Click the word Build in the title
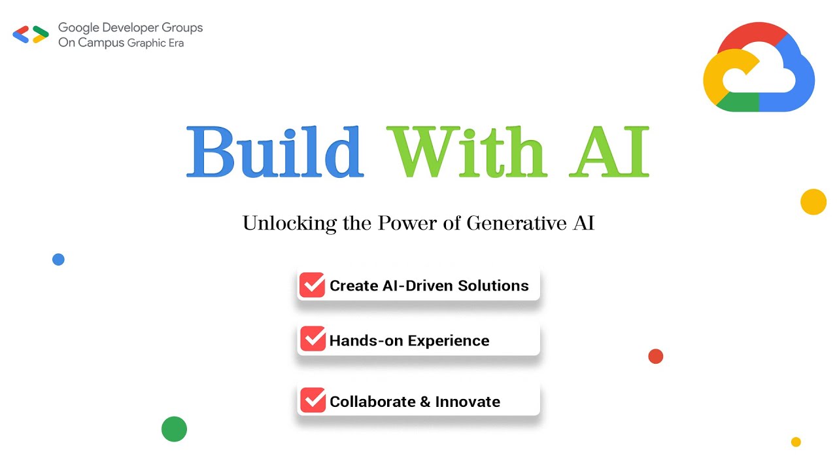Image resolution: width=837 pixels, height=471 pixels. pyautogui.click(x=275, y=152)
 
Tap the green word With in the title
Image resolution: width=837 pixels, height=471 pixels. pyautogui.click(x=466, y=152)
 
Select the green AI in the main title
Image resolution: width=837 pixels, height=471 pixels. pyautogui.click(x=609, y=152)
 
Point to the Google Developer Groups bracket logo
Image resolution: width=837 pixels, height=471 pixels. pyautogui.click(x=31, y=34)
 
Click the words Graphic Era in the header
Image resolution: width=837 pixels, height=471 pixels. pyautogui.click(x=156, y=43)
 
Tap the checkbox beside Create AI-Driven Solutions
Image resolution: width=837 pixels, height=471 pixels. pyautogui.click(x=313, y=285)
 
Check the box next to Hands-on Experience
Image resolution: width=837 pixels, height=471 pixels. pyautogui.click(x=313, y=340)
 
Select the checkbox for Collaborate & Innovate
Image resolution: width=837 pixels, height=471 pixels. pyautogui.click(x=313, y=400)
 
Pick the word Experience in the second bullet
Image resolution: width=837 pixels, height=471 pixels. pyautogui.click(x=449, y=341)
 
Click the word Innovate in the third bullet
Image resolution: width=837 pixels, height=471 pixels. pyautogui.click(x=468, y=402)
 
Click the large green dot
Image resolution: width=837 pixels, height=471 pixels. pyautogui.click(x=174, y=429)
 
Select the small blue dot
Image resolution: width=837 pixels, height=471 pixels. pyautogui.click(x=58, y=259)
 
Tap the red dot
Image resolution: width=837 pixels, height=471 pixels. pyautogui.click(x=655, y=356)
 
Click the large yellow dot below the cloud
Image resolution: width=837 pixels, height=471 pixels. pyautogui.click(x=813, y=201)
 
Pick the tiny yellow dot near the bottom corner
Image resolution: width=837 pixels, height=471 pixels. pyautogui.click(x=796, y=442)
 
